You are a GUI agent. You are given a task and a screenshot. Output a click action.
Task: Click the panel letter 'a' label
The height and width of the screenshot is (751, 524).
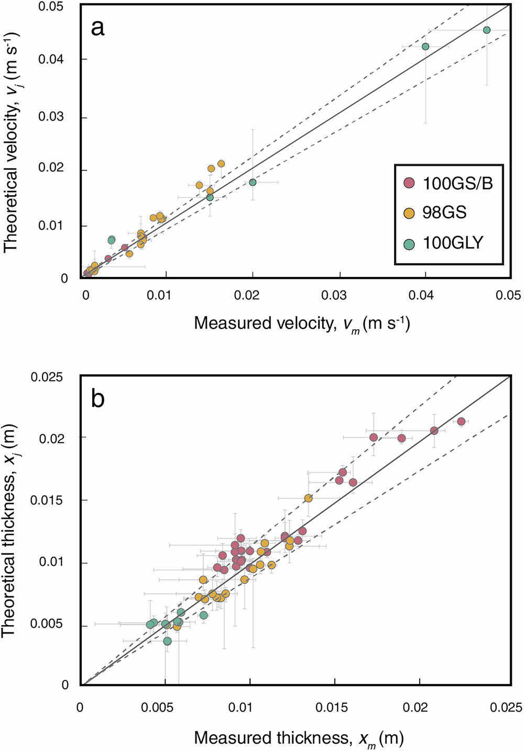(x=97, y=28)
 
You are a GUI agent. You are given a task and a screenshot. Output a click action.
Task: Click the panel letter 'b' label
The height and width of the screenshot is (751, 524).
(x=98, y=399)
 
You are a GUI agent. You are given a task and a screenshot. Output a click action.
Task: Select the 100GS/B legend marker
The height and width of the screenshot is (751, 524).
(x=409, y=183)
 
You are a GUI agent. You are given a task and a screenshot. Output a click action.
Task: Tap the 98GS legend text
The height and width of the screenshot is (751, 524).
(x=444, y=213)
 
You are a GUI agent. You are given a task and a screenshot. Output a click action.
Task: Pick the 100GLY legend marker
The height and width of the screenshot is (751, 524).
(x=409, y=243)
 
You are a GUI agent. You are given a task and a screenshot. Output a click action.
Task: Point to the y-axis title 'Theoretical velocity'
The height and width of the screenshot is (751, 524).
(x=11, y=142)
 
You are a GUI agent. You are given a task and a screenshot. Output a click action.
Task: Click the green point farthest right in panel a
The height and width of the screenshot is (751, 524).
(x=487, y=30)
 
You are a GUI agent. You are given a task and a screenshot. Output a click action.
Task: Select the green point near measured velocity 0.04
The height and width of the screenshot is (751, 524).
(x=425, y=47)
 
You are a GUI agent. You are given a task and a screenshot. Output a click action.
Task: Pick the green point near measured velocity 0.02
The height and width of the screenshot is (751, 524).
(x=253, y=182)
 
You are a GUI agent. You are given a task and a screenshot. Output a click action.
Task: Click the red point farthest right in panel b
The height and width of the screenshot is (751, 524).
(x=461, y=421)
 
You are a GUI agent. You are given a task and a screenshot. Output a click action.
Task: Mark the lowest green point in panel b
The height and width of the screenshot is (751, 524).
(x=167, y=641)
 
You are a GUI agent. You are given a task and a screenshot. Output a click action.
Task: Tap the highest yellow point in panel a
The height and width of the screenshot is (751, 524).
(x=221, y=164)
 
